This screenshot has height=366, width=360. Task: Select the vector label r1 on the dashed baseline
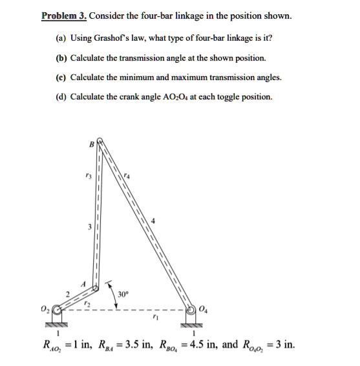pos(153,318)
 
